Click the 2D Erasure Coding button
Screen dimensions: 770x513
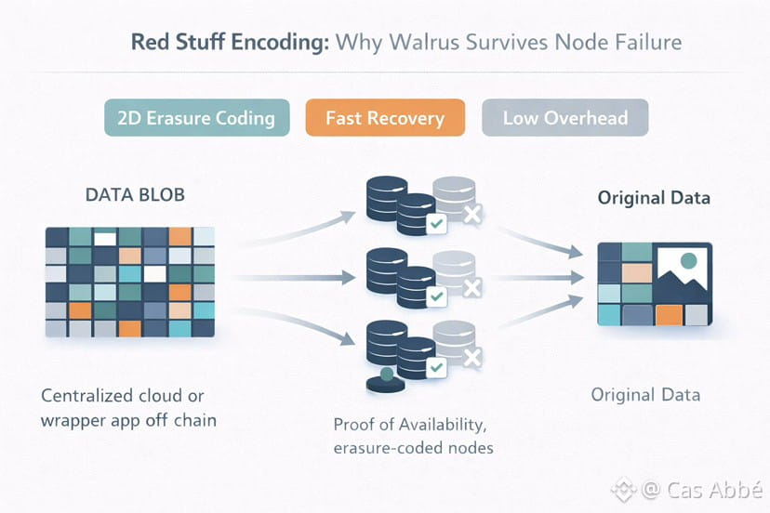click(197, 118)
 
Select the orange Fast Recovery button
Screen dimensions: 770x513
click(385, 118)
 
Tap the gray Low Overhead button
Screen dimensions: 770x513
click(565, 118)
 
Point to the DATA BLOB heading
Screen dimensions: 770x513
click(135, 195)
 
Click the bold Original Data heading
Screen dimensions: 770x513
click(654, 198)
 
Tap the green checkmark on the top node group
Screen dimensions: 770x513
click(436, 224)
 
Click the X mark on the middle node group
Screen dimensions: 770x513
click(472, 288)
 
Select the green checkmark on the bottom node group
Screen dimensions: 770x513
click(436, 367)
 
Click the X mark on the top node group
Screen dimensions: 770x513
click(472, 214)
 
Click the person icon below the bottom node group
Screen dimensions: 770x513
click(386, 380)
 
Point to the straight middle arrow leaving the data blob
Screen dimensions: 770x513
click(295, 278)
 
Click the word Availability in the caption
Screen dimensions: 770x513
click(443, 425)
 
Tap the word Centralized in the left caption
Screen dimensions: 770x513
click(86, 396)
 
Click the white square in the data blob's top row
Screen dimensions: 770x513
click(105, 239)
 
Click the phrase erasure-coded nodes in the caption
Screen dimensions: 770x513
click(414, 448)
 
